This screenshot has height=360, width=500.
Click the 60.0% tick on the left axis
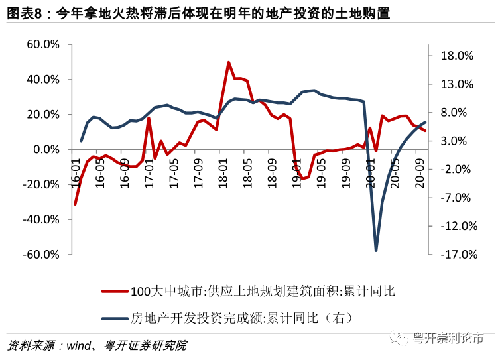[42, 44]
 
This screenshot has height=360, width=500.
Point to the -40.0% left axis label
[41, 219]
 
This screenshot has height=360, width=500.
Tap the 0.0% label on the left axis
[46, 149]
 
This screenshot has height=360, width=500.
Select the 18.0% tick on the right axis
[457, 56]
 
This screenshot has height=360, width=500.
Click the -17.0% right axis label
[459, 254]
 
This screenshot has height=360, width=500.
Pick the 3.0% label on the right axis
[454, 141]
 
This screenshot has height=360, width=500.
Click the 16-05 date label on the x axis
[100, 172]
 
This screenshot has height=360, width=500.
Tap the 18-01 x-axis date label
[223, 172]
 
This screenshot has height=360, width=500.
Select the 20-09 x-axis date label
[420, 172]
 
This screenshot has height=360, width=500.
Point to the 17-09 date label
[198, 172]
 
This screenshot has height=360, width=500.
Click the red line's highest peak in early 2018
[229, 62]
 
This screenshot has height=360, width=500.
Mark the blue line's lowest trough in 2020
[376, 250]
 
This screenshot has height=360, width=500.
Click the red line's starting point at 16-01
[75, 204]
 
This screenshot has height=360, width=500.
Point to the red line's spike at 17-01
[149, 118]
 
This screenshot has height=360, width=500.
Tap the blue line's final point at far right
[425, 122]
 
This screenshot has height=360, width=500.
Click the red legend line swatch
[115, 291]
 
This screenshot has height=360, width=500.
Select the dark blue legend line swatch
[115, 318]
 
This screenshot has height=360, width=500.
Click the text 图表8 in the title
[25, 13]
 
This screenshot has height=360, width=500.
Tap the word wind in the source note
[78, 346]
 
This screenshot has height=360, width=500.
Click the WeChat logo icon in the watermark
[400, 338]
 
